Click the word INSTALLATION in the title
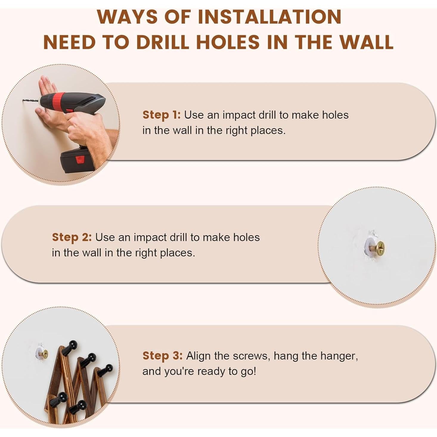[269, 17]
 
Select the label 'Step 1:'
[161, 115]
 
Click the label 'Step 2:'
[72, 237]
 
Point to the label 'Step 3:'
[162, 356]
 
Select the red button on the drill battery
[80, 159]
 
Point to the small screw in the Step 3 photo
[45, 354]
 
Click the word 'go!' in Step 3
[248, 371]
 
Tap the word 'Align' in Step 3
[199, 356]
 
